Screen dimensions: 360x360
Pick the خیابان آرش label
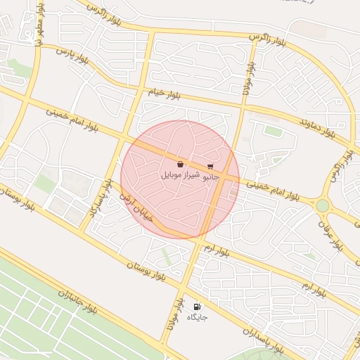(136, 209)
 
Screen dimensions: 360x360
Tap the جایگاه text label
(197, 317)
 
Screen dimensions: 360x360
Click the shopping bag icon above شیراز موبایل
(181, 164)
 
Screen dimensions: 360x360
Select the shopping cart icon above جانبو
(210, 167)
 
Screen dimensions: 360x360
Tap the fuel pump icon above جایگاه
(197, 307)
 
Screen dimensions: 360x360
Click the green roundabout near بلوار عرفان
(323, 205)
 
